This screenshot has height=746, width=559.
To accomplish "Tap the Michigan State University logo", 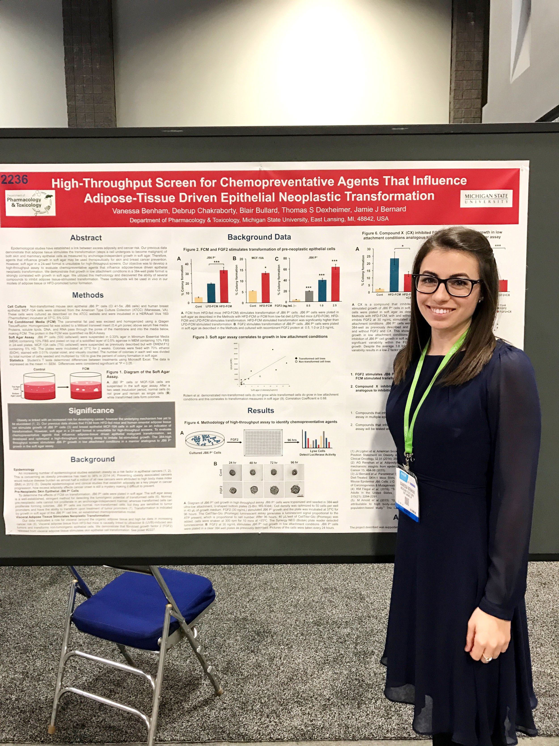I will (486, 199).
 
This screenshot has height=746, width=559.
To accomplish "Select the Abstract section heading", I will (86, 238).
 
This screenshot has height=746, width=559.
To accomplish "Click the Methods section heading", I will (88, 295).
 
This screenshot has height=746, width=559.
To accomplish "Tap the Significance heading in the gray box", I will (91, 410).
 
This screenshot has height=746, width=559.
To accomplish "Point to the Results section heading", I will (260, 410).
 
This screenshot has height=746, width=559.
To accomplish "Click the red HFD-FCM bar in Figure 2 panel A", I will (224, 286).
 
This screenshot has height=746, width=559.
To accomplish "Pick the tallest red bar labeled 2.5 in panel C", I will (335, 284).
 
